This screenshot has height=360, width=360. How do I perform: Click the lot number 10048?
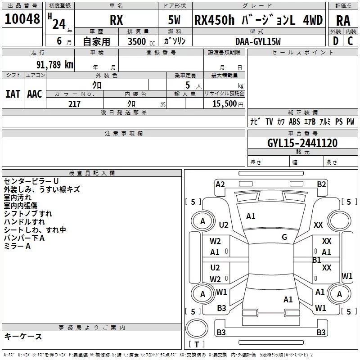tap(22, 19)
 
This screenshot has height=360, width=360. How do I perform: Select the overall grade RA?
tap(343, 21)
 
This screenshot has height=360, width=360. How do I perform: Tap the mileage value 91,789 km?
tap(54, 65)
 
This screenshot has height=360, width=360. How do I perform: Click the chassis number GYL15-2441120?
tap(302, 143)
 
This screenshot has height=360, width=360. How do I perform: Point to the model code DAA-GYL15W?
tap(258, 41)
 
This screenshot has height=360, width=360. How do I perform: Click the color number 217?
tap(74, 104)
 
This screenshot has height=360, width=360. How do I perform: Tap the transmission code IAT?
tap(13, 94)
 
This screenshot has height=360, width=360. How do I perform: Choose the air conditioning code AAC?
tap(35, 94)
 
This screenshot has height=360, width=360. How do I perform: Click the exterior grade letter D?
tap(336, 41)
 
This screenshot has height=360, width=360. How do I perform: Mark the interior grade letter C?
tap(350, 41)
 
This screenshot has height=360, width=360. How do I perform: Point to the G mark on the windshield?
tap(284, 237)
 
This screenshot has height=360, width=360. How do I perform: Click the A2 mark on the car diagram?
tap(220, 184)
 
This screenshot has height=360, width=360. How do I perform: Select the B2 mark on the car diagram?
tap(321, 184)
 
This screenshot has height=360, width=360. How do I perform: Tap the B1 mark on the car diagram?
tap(317, 260)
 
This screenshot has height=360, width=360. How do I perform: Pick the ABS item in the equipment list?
tap(294, 121)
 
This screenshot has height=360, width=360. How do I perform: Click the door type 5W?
tap(174, 20)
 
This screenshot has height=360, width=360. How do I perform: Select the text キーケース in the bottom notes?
tap(23, 336)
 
